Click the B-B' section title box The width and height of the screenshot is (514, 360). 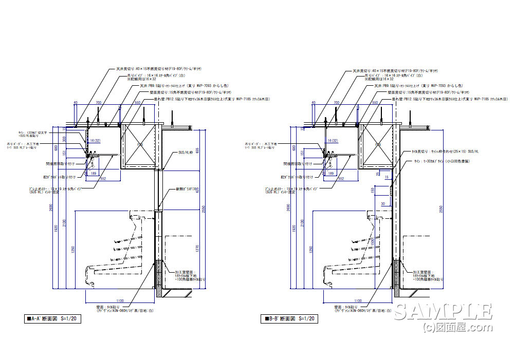coord(289,318)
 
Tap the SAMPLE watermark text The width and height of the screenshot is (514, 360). coord(443,312)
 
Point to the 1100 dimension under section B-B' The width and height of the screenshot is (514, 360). coord(357,301)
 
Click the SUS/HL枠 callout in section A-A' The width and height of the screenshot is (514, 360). coord(187,153)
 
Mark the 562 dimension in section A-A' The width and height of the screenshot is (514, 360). coord(103,179)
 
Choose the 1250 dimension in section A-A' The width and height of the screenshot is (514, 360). coord(73,249)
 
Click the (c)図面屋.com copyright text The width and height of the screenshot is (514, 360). coord(449,327)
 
